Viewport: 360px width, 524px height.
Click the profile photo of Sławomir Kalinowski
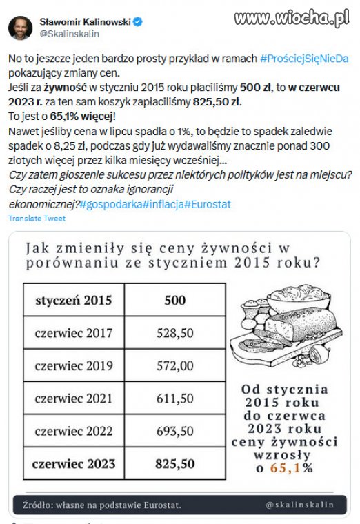20,28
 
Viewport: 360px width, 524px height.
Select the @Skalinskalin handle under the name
70,33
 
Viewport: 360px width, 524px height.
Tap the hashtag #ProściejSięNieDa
310,59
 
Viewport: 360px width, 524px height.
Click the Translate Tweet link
37,219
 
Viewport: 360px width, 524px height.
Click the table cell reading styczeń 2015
73,301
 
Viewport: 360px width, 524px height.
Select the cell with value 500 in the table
175,301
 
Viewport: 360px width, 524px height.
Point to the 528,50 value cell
175,333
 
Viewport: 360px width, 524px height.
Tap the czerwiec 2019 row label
73,365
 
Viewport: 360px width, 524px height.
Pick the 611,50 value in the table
175,399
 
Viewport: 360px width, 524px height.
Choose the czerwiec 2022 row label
73,431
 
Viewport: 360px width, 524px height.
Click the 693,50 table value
175,431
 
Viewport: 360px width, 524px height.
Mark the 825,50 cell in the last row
175,463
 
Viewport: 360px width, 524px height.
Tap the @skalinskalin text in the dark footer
300,505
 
